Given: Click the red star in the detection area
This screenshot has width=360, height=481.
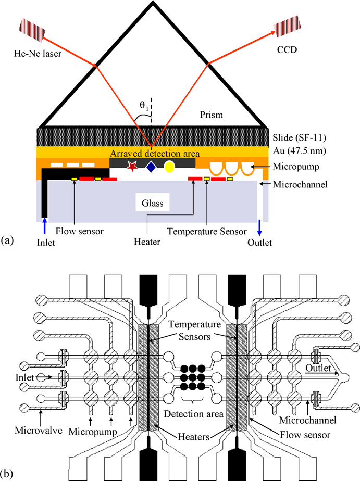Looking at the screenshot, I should click(132, 167).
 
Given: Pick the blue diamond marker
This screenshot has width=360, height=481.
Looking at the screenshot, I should click(151, 167).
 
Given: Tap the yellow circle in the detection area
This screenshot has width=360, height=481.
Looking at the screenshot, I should click(169, 167).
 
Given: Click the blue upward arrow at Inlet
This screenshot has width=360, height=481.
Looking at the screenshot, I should click(45, 227).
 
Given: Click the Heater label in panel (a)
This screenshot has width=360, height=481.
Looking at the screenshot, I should click(148, 242).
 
